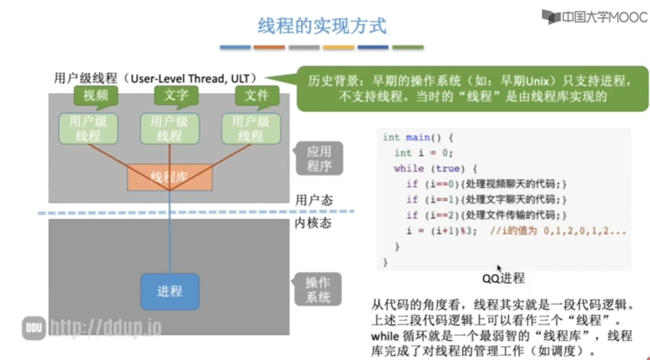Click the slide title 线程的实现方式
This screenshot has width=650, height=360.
click(322, 26)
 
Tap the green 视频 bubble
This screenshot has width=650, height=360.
click(95, 96)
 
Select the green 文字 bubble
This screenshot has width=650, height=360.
click(176, 96)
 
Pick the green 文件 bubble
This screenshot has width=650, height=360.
click(256, 96)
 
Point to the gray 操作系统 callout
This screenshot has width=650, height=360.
click(318, 290)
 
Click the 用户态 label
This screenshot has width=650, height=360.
click(314, 200)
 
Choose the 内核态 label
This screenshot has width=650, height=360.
click(313, 223)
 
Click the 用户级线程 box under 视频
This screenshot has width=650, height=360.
click(88, 129)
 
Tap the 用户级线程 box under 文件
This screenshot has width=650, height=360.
click(251, 129)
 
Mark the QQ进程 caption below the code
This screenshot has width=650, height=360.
click(503, 278)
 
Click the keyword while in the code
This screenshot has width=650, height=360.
click(408, 168)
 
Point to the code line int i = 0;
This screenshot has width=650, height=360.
click(423, 153)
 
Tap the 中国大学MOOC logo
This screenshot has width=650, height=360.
click(595, 17)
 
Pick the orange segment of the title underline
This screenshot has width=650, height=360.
click(269, 48)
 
